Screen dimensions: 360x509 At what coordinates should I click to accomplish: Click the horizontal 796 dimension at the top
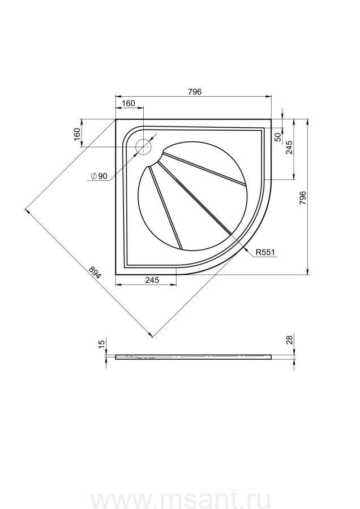tap(194, 92)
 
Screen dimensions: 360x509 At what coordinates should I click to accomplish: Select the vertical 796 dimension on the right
tap(302, 198)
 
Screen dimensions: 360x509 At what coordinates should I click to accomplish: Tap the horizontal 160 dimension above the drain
tap(128, 103)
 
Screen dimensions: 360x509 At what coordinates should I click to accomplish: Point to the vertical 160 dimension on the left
tap(76, 134)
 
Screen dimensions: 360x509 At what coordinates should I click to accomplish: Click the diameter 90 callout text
tap(99, 176)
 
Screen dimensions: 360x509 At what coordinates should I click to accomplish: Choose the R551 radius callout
tap(265, 252)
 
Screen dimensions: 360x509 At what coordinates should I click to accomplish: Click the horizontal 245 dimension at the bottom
tap(152, 280)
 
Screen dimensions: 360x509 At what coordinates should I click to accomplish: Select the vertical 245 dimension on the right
tap(290, 147)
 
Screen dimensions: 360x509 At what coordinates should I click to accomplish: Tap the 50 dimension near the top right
tap(278, 137)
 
